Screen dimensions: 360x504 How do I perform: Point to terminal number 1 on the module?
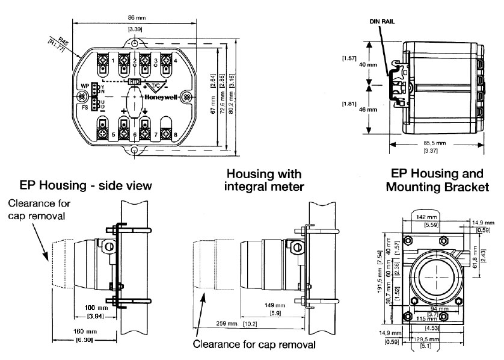(x=114, y=60)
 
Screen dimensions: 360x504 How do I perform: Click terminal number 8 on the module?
(x=176, y=135)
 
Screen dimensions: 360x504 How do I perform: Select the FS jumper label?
(x=85, y=108)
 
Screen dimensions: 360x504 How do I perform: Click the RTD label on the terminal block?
(x=134, y=81)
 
